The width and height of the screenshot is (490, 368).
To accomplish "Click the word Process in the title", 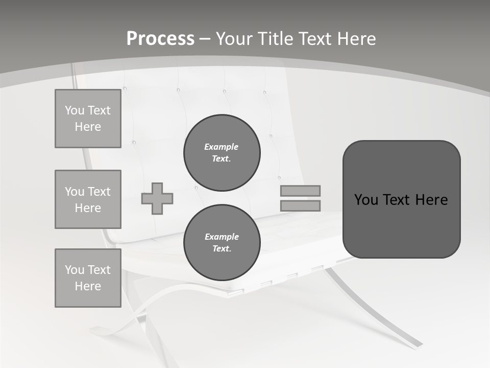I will pyautogui.click(x=160, y=38).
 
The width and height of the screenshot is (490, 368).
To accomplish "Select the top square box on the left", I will pyautogui.click(x=88, y=119).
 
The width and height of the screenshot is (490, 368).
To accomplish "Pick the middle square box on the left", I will pyautogui.click(x=88, y=199).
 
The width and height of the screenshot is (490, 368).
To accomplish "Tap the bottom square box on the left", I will pyautogui.click(x=88, y=278).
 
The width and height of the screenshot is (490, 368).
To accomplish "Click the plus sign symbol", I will pyautogui.click(x=157, y=199).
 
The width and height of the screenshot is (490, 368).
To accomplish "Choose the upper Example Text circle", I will pyautogui.click(x=222, y=153).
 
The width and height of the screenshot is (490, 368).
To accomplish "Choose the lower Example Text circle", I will pyautogui.click(x=222, y=243).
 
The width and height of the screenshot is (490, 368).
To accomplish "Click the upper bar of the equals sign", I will pyautogui.click(x=300, y=191).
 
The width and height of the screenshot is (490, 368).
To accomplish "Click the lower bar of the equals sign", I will pyautogui.click(x=300, y=206).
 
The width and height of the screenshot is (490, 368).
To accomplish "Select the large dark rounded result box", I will pyautogui.click(x=401, y=199).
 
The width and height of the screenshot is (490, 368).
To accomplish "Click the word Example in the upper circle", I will pyautogui.click(x=221, y=147).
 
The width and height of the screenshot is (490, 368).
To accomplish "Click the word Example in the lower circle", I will pyautogui.click(x=222, y=237).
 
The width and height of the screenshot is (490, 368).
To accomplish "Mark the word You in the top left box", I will pyautogui.click(x=75, y=110).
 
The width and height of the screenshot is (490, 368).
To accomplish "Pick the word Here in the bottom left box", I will pyautogui.click(x=88, y=286).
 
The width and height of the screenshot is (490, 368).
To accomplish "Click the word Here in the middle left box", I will pyautogui.click(x=88, y=208).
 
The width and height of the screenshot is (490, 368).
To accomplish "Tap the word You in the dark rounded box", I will pyautogui.click(x=366, y=199).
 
